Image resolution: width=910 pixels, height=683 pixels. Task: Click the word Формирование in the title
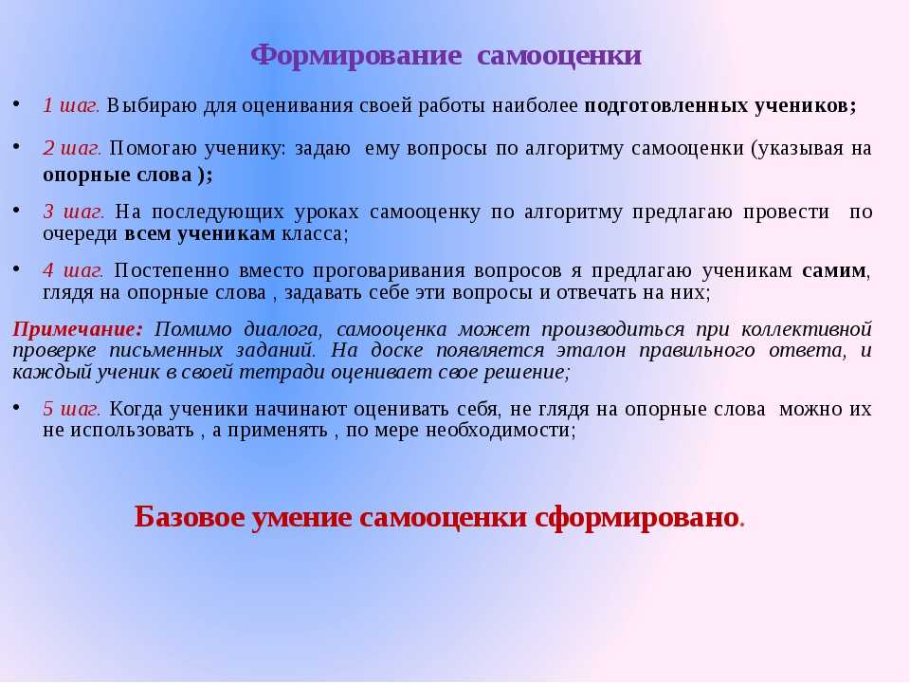355,57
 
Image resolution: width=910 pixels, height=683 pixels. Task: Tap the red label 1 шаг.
71,105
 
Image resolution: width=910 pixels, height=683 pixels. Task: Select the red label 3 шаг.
74,212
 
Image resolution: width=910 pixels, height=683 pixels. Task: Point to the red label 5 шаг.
71,409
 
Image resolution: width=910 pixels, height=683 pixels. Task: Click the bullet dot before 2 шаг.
17,145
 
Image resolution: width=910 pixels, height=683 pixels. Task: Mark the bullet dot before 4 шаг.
17,268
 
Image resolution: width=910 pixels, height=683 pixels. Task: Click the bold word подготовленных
665,106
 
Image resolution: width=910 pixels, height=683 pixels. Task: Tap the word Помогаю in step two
154,149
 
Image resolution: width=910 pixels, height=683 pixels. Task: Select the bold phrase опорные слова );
128,175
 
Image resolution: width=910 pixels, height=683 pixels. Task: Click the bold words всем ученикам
200,233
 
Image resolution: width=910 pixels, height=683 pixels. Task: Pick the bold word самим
834,271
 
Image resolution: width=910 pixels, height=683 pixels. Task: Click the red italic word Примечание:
77,329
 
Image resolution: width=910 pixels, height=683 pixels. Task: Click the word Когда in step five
136,409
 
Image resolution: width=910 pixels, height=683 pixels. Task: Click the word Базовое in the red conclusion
187,516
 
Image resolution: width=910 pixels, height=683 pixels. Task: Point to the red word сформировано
636,518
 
